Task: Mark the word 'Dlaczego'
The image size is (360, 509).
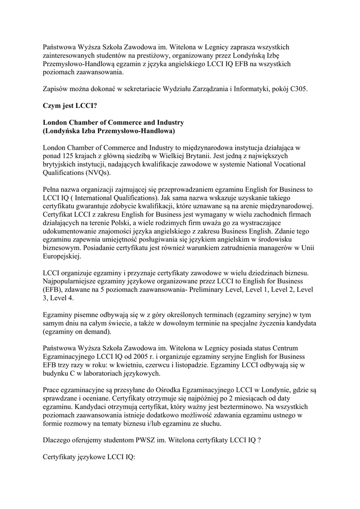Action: pos(58,440)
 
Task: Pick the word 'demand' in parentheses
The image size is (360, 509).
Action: pos(96,332)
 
